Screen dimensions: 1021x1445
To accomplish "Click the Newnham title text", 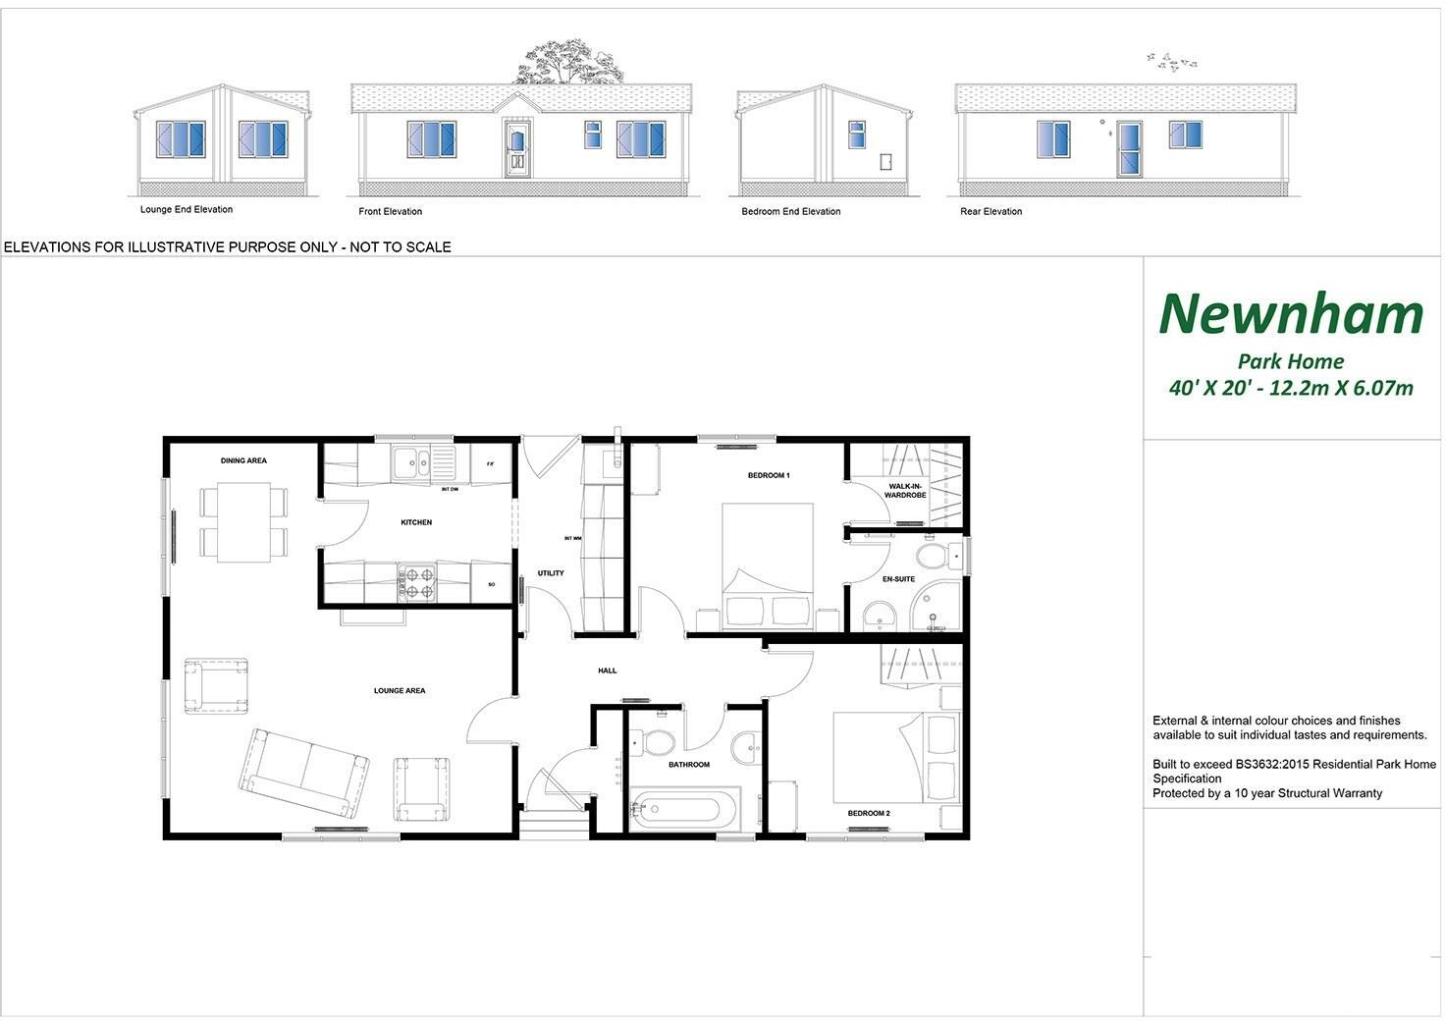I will [1291, 314].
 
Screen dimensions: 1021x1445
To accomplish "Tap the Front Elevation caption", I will [390, 212].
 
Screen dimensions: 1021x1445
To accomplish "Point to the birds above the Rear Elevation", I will [1172, 63].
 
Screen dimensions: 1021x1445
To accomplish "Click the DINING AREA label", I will [243, 460].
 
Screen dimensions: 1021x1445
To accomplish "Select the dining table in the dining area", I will [244, 521].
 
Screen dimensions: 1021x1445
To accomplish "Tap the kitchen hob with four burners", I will [416, 581].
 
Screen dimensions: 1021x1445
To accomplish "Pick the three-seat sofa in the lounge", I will [303, 772].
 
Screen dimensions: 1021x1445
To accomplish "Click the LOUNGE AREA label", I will [400, 691].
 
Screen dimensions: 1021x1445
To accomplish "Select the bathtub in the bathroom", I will [686, 809].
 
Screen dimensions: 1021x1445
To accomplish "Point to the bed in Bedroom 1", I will [768, 567].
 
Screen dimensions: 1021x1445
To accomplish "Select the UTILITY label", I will [551, 573].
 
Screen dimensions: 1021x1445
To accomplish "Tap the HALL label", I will [608, 671].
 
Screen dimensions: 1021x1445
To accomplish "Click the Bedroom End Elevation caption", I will [791, 212].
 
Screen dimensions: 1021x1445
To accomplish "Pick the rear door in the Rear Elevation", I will [1129, 149].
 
